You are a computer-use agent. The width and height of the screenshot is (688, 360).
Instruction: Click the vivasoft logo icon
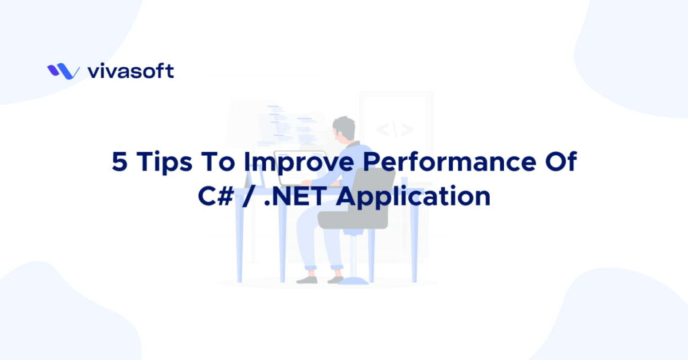[63, 71]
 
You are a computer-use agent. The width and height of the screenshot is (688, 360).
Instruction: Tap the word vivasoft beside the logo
[130, 71]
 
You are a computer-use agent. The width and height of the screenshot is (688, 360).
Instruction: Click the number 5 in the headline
[119, 164]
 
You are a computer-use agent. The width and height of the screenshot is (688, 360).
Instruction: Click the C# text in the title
[216, 197]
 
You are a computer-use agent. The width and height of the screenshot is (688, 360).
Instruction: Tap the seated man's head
[345, 128]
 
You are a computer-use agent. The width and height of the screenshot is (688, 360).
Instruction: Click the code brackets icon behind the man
[394, 129]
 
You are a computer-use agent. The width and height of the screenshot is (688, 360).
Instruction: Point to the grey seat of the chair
[349, 219]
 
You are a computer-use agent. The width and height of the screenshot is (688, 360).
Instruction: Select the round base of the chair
[353, 281]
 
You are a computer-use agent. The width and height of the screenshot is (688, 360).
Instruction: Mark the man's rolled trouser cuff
[309, 269]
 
